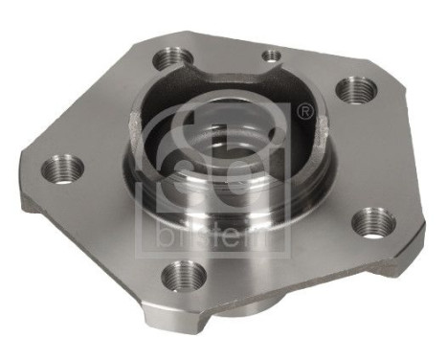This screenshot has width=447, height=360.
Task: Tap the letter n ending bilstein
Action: click(275, 236)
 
